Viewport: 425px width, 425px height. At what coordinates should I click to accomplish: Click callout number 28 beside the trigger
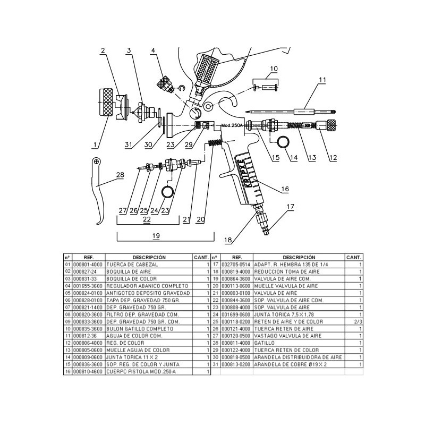120,175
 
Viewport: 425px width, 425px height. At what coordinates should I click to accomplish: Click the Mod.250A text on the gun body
231,126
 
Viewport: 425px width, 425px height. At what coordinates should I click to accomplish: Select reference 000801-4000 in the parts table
88,264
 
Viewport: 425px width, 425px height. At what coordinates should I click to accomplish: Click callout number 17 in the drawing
290,207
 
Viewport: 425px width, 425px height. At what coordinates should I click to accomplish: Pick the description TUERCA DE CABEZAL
125,264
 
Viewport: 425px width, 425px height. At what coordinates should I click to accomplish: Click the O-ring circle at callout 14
280,141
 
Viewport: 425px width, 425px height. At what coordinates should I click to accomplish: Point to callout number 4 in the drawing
153,51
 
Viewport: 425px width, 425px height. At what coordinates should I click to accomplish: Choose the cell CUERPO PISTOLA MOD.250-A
133,372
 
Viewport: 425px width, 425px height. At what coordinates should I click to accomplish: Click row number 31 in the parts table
216,364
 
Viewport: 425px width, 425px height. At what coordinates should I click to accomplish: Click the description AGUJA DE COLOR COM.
130,336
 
